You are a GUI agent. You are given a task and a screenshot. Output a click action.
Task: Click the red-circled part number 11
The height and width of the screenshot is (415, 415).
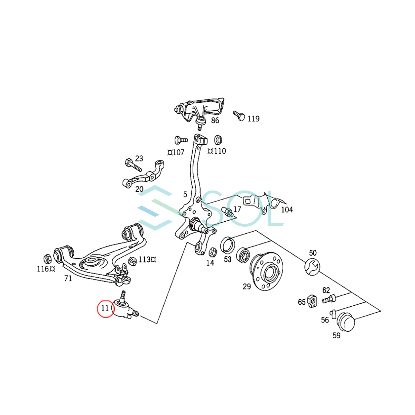coord(105,308)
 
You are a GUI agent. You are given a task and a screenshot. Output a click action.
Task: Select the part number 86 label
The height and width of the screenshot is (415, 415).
coord(215,120)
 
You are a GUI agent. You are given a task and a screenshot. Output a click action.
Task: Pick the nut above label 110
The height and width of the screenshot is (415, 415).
coord(218,140)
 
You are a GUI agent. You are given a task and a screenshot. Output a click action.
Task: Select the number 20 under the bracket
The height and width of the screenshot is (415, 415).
coord(139,189)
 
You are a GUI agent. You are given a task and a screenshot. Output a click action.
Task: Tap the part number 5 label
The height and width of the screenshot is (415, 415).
coord(185,194)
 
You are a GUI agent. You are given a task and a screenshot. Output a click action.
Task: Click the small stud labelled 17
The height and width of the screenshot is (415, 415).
coord(228,211)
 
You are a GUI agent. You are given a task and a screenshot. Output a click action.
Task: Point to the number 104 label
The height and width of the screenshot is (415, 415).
coord(287,209)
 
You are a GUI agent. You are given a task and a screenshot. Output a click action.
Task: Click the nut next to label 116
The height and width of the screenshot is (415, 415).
coord(48,258)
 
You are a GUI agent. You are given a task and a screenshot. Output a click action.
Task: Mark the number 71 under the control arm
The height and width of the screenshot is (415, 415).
coord(68,278)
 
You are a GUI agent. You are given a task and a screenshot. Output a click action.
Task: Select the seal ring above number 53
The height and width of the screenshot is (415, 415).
coord(227,245)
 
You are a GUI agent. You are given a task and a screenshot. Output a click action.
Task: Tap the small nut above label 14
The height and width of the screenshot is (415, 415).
coord(213,251)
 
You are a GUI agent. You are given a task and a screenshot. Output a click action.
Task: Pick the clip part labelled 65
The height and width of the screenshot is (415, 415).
coord(312,301)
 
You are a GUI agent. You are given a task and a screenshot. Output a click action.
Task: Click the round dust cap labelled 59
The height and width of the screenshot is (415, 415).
coord(346,322)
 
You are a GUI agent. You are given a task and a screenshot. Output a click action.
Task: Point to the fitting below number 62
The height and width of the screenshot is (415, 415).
coord(329,299)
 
